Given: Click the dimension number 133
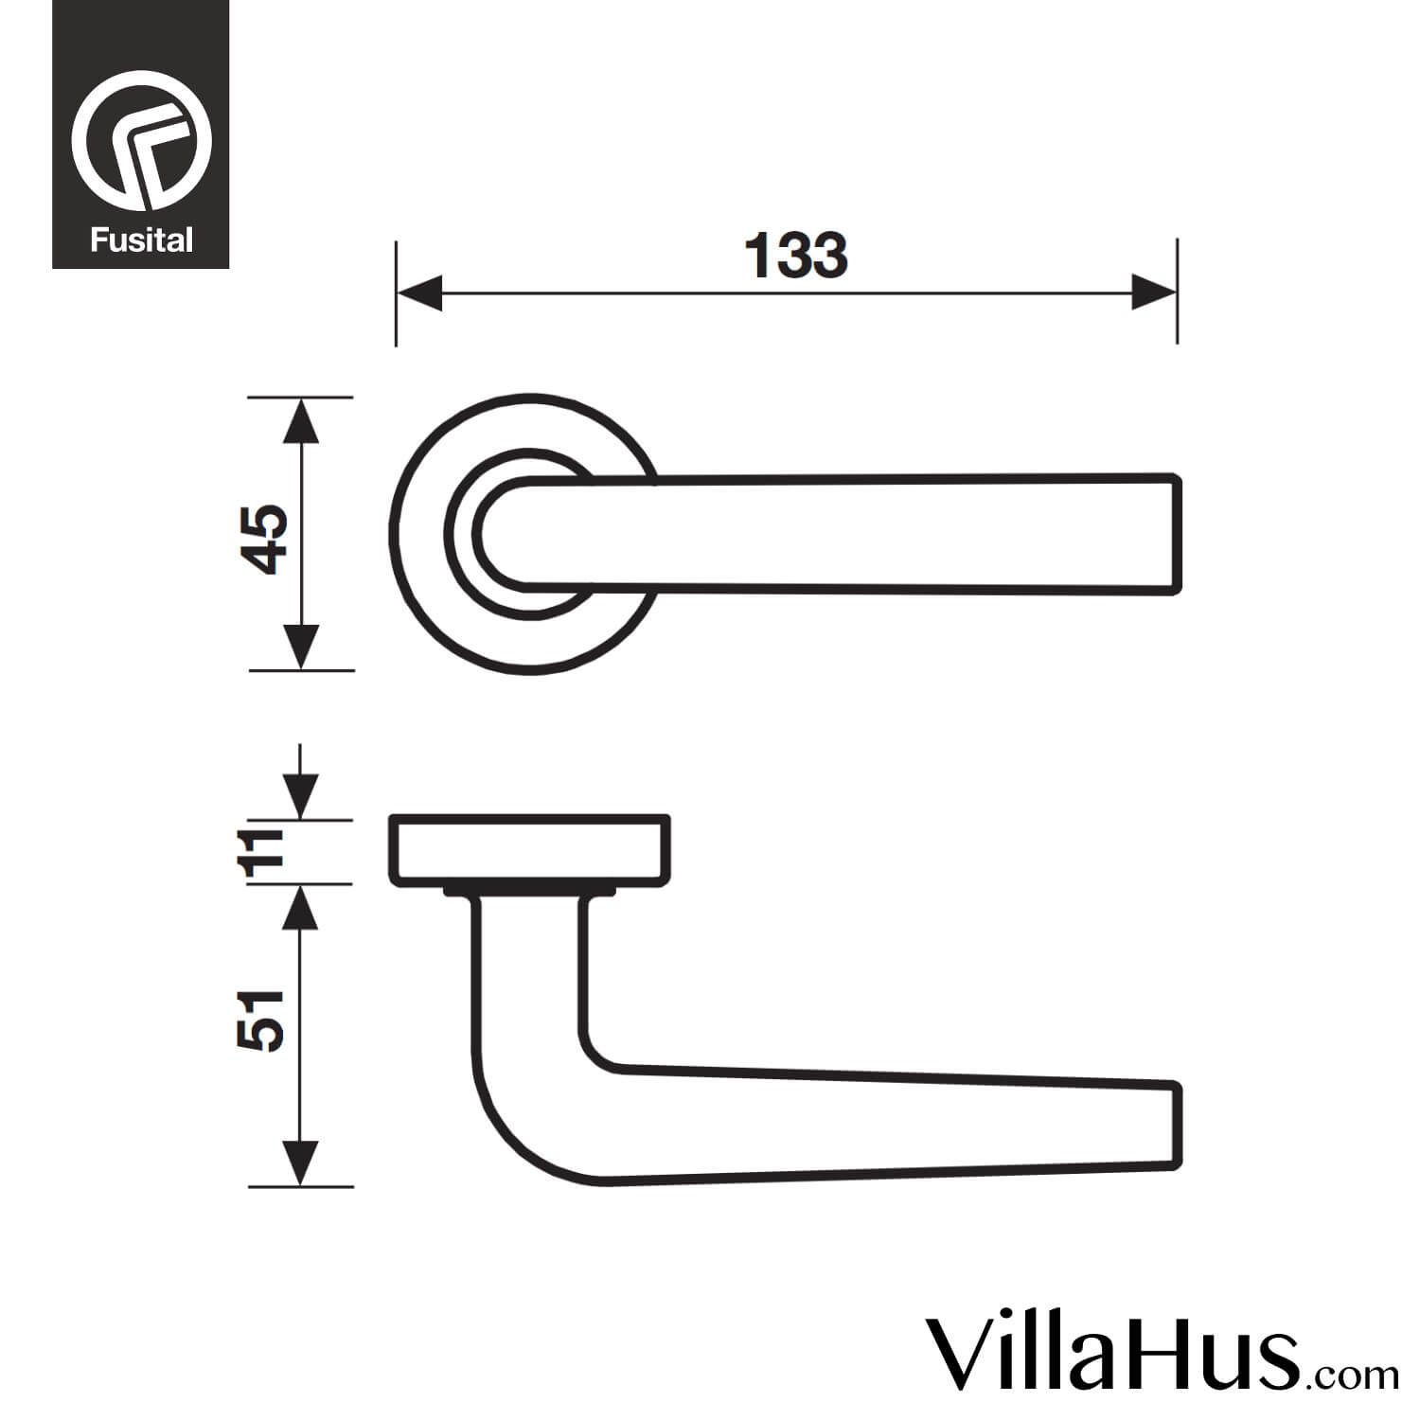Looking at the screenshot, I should pyautogui.click(x=796, y=257).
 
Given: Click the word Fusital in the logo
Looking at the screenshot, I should pyautogui.click(x=141, y=240).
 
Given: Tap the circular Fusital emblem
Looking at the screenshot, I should pyautogui.click(x=141, y=140).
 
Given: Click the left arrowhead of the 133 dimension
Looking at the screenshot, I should pyautogui.click(x=418, y=293).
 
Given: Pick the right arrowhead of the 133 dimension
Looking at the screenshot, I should pyautogui.click(x=1154, y=293).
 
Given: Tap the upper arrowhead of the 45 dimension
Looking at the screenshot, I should pyautogui.click(x=301, y=420).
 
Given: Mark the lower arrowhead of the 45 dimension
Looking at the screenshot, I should pyautogui.click(x=301, y=648).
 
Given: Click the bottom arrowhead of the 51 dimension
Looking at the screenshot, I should pyautogui.click(x=299, y=1163).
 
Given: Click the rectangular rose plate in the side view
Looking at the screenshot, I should pyautogui.click(x=530, y=850).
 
